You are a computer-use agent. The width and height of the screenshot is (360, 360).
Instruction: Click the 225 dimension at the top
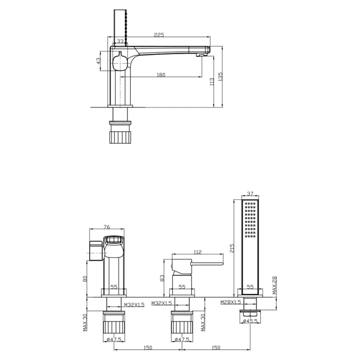click(x=159, y=35)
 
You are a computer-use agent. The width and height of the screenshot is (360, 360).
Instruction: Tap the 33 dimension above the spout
click(x=120, y=41)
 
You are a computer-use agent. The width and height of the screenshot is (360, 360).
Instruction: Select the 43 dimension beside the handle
click(x=98, y=61)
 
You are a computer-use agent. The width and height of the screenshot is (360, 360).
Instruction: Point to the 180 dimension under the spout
click(x=161, y=75)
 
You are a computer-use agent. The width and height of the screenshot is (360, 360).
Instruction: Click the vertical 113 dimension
click(x=212, y=82)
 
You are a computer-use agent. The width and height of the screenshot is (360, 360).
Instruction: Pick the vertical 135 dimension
click(x=220, y=77)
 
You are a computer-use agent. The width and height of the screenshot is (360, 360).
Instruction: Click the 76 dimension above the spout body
click(x=107, y=227)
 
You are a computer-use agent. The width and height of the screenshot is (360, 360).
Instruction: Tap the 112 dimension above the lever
click(x=198, y=252)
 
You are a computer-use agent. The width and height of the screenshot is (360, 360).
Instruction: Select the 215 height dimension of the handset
click(x=232, y=248)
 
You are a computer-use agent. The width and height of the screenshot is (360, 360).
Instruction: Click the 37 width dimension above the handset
click(x=250, y=194)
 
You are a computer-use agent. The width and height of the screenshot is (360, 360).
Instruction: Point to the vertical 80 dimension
click(x=85, y=279)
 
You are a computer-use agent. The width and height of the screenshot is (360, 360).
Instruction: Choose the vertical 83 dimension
click(x=162, y=278)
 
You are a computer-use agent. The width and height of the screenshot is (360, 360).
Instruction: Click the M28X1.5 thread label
click(x=231, y=302)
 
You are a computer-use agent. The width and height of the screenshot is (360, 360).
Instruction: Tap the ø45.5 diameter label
click(x=250, y=321)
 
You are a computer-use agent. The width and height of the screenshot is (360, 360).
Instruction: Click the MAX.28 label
click(x=274, y=286)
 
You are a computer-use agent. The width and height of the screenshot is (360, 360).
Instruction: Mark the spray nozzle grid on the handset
click(x=250, y=220)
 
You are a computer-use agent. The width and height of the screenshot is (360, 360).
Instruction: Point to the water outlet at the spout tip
click(x=200, y=55)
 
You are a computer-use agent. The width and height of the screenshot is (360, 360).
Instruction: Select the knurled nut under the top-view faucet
click(x=121, y=137)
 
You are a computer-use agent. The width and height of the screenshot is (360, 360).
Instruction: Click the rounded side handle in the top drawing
click(x=120, y=61)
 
